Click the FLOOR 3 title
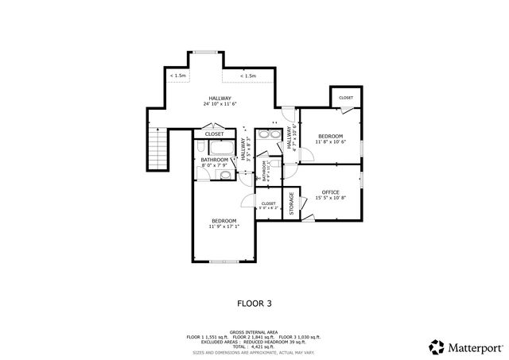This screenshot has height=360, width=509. tap(254, 303)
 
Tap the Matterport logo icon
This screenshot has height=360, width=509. tap(437, 346)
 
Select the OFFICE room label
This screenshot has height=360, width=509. tap(330, 192)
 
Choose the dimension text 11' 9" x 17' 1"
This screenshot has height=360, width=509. tap(223, 226)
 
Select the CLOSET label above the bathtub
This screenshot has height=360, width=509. tap(214, 134)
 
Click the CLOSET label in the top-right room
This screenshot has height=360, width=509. tap(346, 98)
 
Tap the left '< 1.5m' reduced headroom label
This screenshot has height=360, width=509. tap(177, 75)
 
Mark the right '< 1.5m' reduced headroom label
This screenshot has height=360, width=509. tap(248, 76)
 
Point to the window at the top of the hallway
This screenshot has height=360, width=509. tap(205, 52)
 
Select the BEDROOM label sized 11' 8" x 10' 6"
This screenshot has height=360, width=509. tap(330, 137)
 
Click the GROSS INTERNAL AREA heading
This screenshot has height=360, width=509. tap(254, 332)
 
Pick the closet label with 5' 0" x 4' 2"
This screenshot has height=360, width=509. tap(269, 205)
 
